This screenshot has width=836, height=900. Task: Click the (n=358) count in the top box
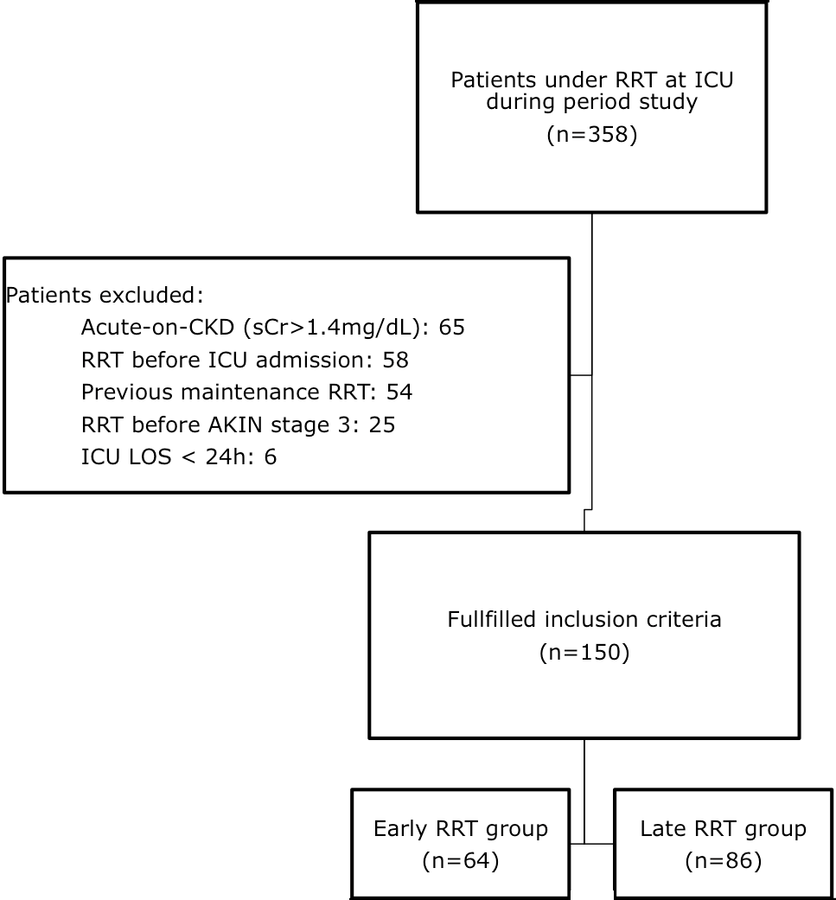[591, 135]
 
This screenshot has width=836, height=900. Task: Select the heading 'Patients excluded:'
[105, 295]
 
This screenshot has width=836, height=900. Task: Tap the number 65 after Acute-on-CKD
[451, 327]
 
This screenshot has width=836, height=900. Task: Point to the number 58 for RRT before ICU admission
[395, 360]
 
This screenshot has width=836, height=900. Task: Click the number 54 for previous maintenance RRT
[399, 392]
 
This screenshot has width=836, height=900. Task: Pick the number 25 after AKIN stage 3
[382, 424]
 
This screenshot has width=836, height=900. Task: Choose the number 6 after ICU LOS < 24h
[271, 456]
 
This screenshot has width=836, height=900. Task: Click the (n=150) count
[584, 653]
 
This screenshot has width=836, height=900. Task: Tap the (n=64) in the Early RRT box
[460, 861]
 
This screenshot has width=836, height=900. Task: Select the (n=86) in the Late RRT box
[723, 861]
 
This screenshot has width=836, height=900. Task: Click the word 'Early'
[400, 829]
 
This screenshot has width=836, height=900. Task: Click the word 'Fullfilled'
[492, 619]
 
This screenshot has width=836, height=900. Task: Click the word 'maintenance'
[250, 392]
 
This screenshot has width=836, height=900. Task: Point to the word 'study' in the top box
[668, 102]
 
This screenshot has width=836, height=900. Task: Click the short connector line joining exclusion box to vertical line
[581, 375]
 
